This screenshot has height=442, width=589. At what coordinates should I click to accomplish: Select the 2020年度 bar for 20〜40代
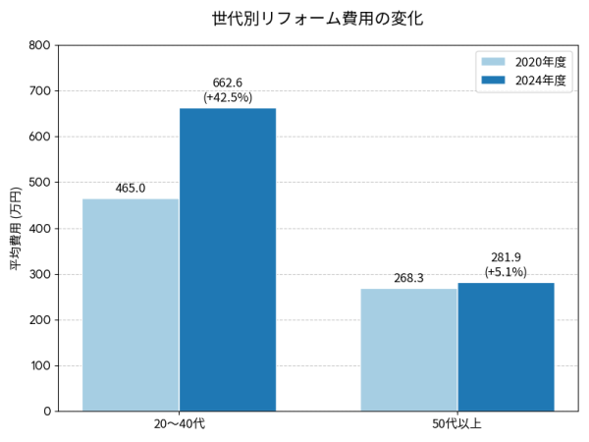131,304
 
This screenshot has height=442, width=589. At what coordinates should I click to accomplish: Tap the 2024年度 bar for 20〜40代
228,259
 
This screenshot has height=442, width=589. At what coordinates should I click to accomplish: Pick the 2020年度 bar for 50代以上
408,350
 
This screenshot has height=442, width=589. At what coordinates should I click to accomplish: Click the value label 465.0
131,188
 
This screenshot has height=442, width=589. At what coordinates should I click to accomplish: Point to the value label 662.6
228,83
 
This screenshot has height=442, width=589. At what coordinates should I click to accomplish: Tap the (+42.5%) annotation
228,97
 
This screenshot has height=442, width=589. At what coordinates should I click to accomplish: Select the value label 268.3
408,278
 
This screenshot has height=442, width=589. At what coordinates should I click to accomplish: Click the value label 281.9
506,257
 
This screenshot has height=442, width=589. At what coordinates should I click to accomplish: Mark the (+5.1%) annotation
506,272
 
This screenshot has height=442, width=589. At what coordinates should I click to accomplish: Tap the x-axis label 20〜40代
179,424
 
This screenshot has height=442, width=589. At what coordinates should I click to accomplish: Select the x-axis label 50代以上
457,424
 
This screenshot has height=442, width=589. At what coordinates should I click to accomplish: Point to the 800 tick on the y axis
40,45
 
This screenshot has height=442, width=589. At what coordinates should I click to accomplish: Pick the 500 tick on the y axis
40,183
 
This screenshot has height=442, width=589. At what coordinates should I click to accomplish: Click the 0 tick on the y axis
47,412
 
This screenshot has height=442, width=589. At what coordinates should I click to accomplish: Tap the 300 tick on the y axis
40,274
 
